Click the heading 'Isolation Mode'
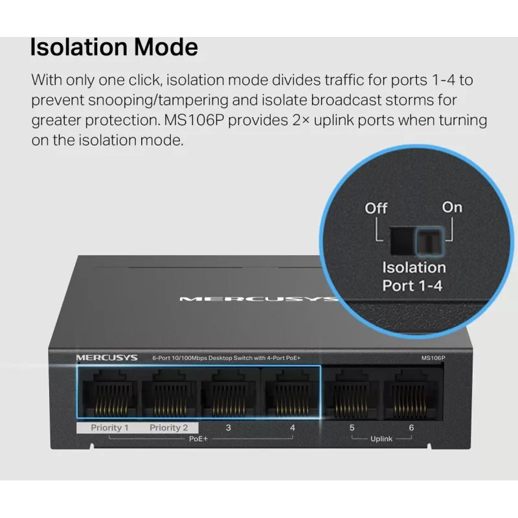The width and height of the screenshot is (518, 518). (x=114, y=47)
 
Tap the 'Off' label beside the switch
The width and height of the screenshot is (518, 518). (x=376, y=208)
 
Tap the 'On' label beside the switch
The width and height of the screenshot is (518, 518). (x=452, y=207)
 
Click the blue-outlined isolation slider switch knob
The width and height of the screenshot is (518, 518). (x=429, y=241)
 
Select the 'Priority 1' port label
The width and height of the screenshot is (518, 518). (x=109, y=428)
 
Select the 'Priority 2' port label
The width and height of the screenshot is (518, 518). (x=168, y=428)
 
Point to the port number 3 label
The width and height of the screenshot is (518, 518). (x=228, y=428)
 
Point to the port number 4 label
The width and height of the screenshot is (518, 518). (x=293, y=428)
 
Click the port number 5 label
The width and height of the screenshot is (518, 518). (x=352, y=428)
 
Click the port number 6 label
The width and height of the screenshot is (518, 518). (x=411, y=428)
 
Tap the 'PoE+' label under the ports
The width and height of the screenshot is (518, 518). (x=198, y=439)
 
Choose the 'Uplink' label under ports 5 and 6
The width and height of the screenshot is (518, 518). (x=381, y=439)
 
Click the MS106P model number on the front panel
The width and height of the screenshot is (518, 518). (x=433, y=358)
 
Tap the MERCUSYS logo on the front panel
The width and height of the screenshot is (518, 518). (x=107, y=358)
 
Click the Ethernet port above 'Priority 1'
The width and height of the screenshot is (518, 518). (x=110, y=392)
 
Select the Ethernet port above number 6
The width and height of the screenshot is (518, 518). (x=410, y=394)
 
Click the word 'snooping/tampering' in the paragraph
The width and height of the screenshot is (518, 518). (x=158, y=100)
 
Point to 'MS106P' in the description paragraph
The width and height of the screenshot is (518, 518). (x=194, y=120)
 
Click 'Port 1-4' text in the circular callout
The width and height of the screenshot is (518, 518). (x=412, y=286)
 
